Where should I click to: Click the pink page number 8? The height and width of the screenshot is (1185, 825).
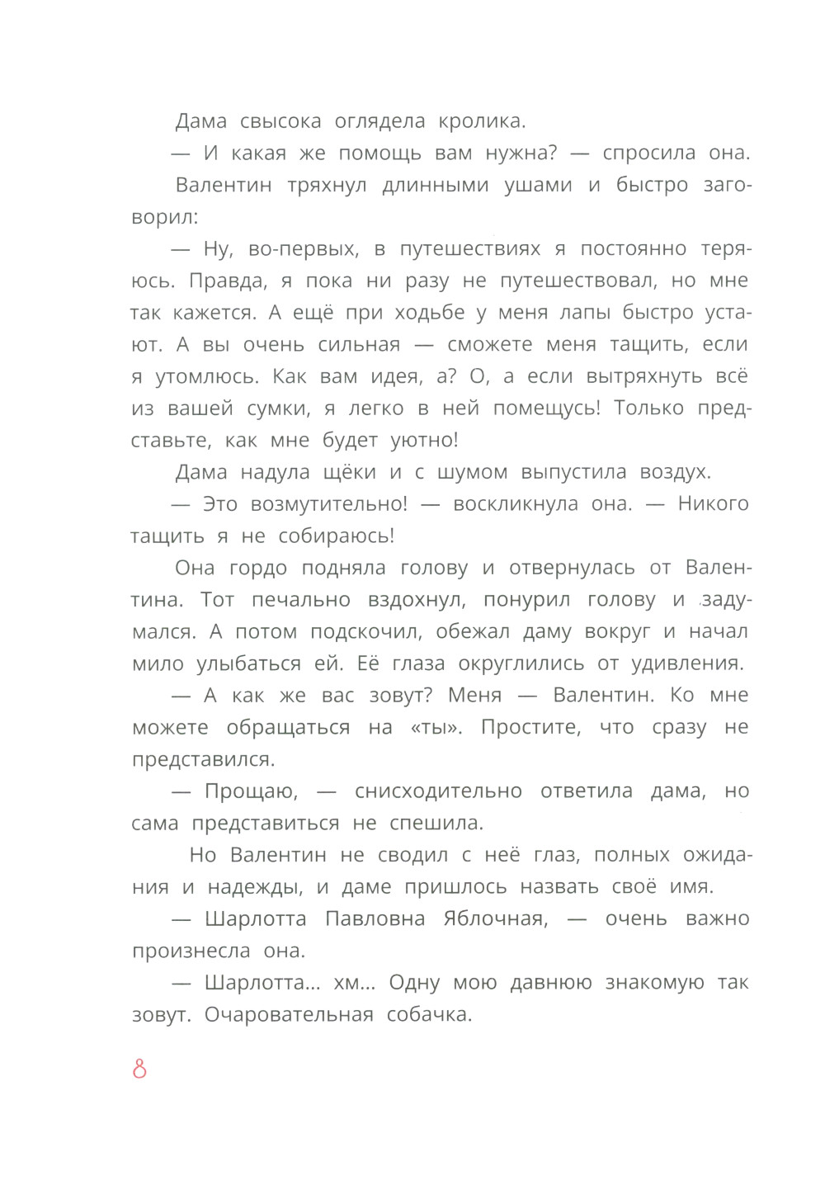tap(139, 1069)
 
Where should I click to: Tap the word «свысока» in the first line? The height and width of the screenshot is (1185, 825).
tap(280, 121)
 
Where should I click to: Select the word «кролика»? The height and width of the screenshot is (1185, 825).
tap(482, 121)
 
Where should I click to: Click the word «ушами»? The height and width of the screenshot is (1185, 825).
tap(538, 185)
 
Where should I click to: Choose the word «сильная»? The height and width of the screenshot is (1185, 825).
tap(359, 345)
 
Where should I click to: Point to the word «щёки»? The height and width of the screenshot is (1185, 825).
tap(349, 472)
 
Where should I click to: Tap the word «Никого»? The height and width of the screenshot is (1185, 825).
tap(713, 504)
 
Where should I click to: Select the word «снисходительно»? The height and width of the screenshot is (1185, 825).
tap(438, 791)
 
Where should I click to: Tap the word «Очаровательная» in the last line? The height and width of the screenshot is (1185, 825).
tap(289, 1015)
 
